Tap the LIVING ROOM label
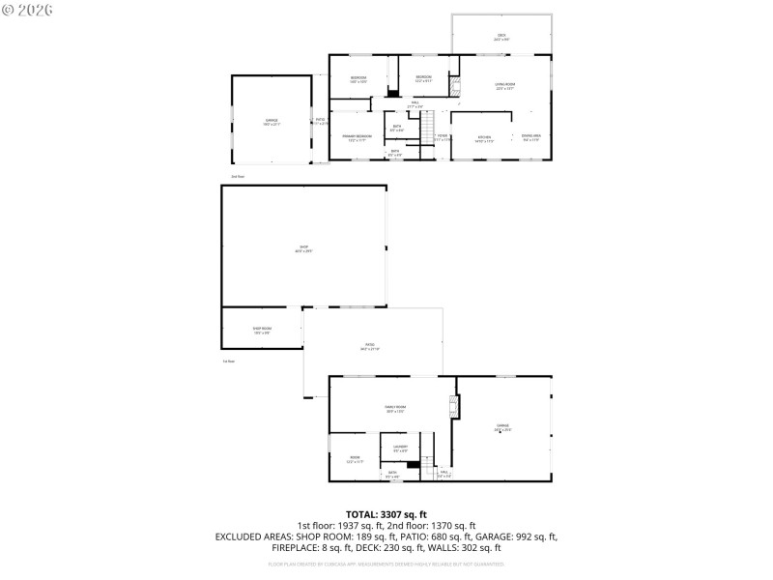[504, 86]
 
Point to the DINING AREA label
[530, 138]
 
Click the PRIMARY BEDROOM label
[357, 138]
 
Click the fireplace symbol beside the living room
[454, 85]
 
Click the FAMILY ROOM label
[395, 409]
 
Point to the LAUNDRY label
[400, 448]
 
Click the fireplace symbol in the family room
[451, 407]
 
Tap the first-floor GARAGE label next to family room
[502, 427]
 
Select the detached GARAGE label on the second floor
[272, 122]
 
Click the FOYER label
[443, 137]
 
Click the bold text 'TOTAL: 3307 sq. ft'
[386, 514]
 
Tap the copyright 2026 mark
[28, 10]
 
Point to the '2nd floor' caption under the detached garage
[238, 176]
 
